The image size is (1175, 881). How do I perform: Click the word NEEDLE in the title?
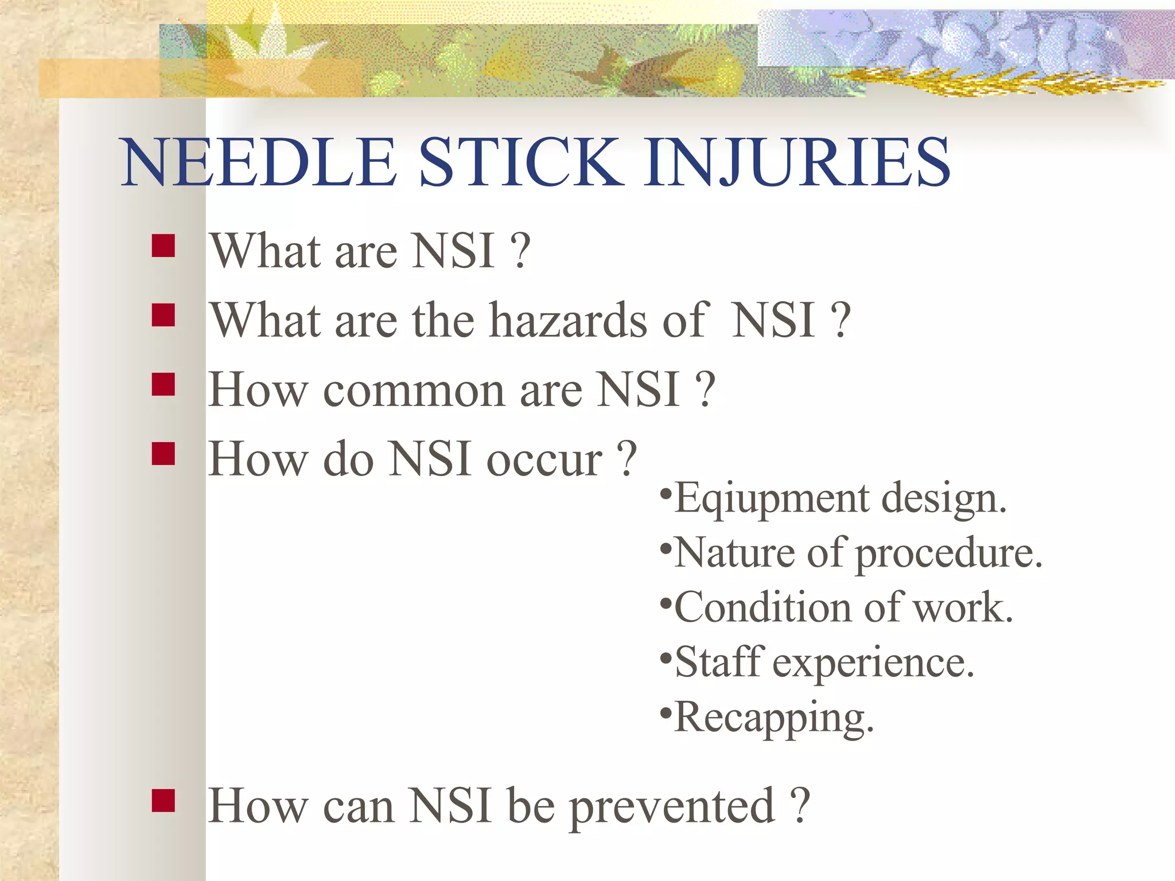pos(258,163)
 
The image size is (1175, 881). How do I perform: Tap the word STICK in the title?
pos(522,163)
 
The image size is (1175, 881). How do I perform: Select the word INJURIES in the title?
pos(796,163)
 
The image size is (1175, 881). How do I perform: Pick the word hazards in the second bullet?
pos(569,321)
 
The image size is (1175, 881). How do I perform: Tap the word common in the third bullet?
pos(414,391)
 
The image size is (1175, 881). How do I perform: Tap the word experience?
pos(873,662)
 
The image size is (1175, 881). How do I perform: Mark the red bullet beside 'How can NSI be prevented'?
pos(164,801)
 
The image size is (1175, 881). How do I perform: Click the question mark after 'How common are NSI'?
pos(705,391)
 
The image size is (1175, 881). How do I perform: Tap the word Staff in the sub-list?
pos(719,662)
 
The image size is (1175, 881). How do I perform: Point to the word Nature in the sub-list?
pos(734,553)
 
